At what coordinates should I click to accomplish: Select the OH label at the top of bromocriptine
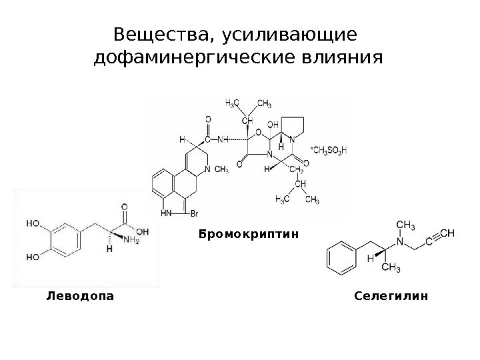(x=273, y=124)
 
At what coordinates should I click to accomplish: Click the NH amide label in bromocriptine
(x=222, y=141)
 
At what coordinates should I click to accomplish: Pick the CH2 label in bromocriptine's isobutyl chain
(x=299, y=171)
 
